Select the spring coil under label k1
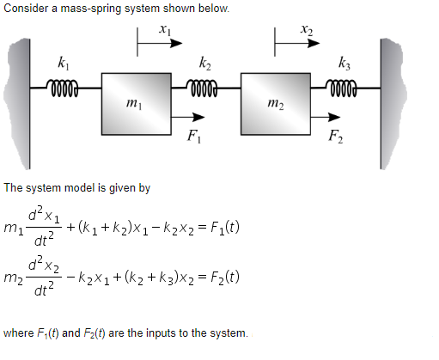(x=66, y=86)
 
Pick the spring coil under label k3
(x=344, y=86)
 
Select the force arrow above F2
(x=322, y=117)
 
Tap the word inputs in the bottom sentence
(x=165, y=333)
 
